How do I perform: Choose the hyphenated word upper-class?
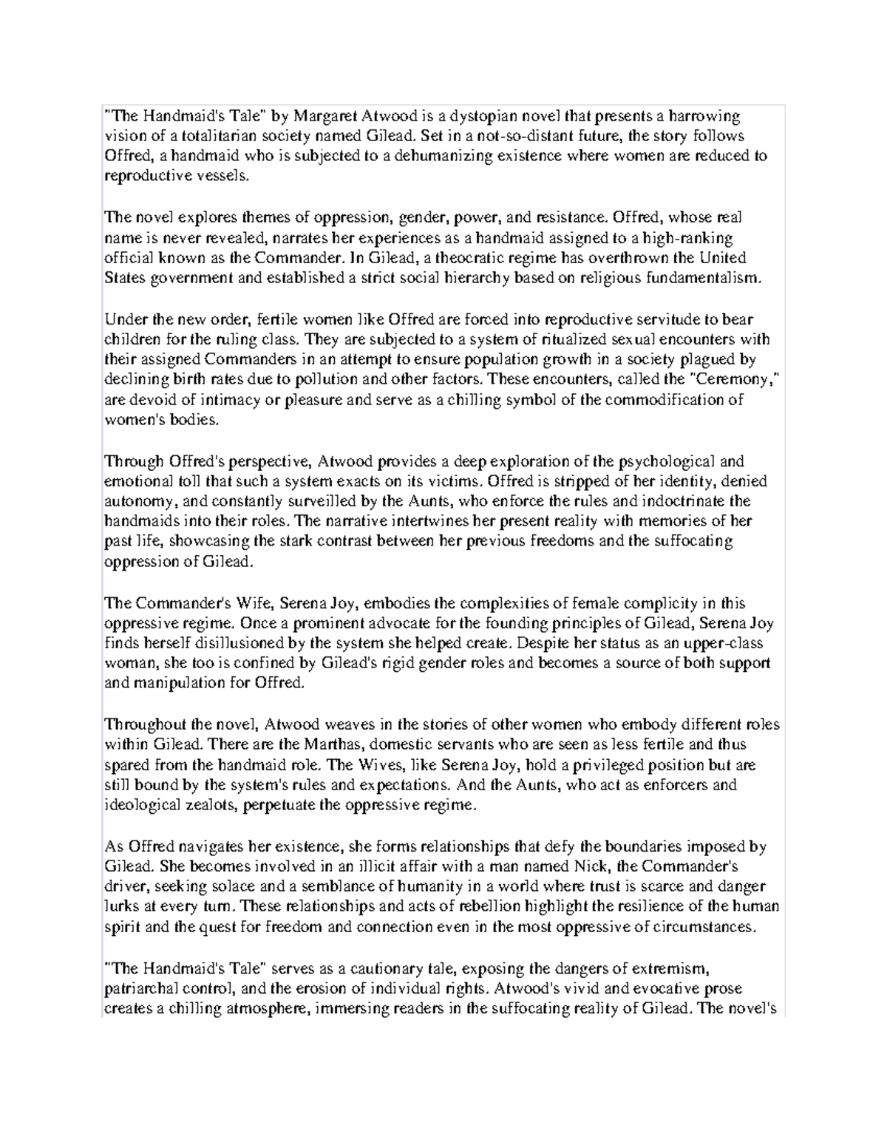[717, 643]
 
